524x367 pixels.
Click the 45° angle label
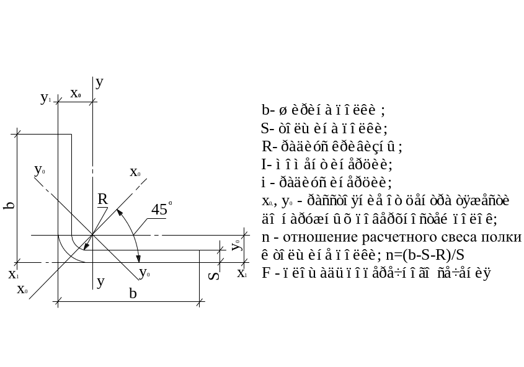(x=161, y=210)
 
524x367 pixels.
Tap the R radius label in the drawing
(x=103, y=199)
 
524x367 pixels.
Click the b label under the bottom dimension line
(x=132, y=293)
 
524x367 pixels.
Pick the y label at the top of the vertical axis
(x=100, y=81)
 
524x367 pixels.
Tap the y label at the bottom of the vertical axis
(x=100, y=281)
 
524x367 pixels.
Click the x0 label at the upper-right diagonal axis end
(x=136, y=172)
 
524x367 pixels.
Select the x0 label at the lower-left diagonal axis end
(x=23, y=289)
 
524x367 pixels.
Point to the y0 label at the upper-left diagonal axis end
(x=40, y=169)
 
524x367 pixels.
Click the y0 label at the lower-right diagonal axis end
(x=144, y=272)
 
